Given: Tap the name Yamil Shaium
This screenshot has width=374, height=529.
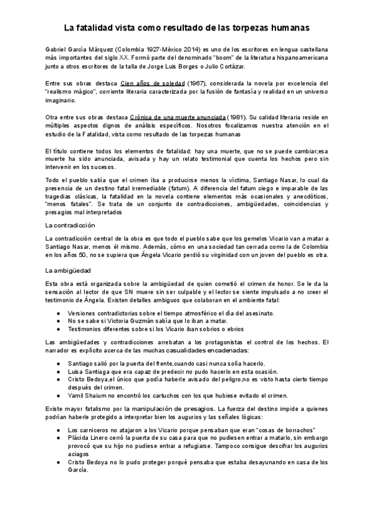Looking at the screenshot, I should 88,396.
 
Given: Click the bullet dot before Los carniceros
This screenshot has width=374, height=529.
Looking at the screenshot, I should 58,430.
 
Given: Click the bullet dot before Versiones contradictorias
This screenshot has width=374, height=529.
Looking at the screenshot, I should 58,312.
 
